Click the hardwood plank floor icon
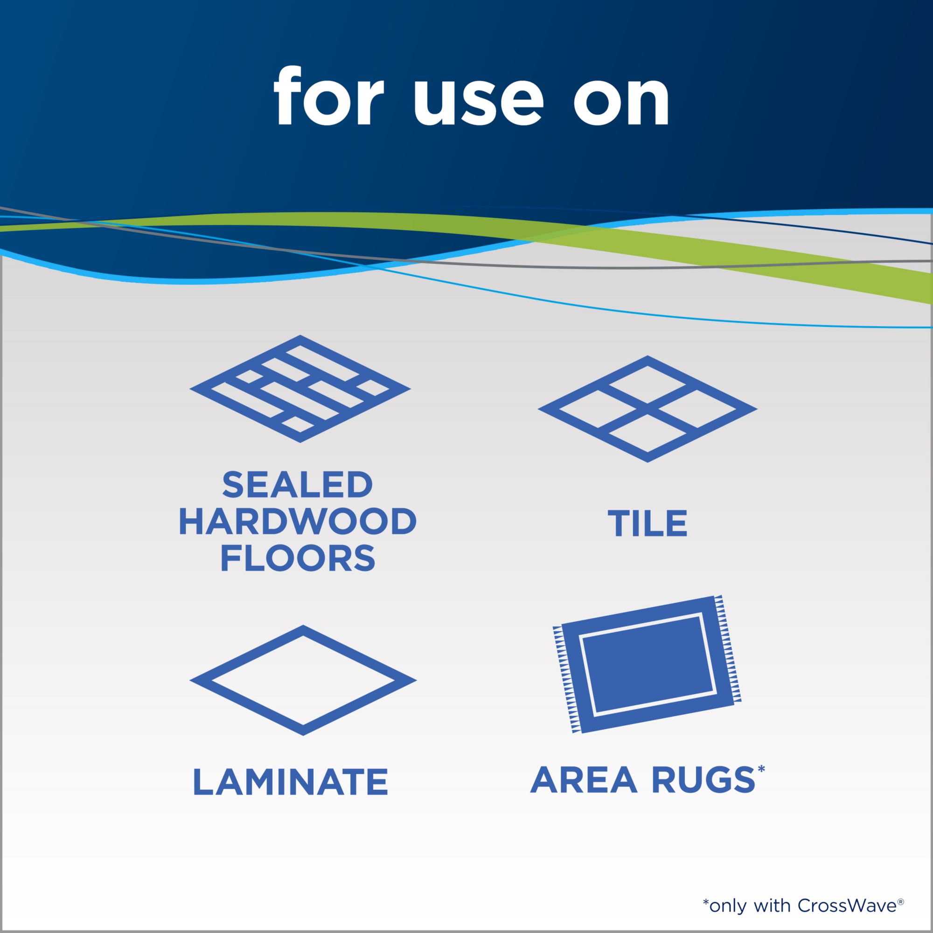(x=300, y=388)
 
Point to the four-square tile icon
(x=648, y=409)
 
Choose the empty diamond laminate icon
(x=303, y=681)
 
